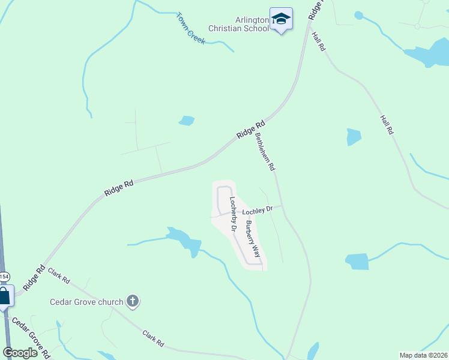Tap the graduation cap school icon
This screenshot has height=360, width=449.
[281, 19]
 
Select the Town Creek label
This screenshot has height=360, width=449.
[191, 28]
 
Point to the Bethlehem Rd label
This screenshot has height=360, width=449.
[265, 152]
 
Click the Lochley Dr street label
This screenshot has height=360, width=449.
[258, 210]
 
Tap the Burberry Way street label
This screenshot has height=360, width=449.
[252, 238]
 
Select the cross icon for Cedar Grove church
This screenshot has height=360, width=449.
[133, 302]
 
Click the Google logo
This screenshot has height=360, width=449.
[19, 353]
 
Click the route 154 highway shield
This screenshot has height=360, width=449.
[4, 277]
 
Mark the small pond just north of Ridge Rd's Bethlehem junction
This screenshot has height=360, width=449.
[187, 121]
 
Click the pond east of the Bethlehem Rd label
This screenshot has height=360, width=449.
[354, 137]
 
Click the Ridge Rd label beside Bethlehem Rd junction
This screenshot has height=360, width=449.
[250, 130]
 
